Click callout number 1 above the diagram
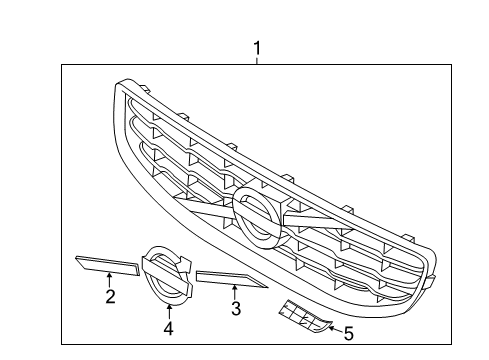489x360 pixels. point(257,47)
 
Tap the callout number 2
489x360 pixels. point(110,296)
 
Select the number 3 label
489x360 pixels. point(236,309)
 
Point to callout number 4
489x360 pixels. point(168,327)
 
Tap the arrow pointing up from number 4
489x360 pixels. point(168,309)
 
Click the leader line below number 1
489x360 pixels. point(257,60)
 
